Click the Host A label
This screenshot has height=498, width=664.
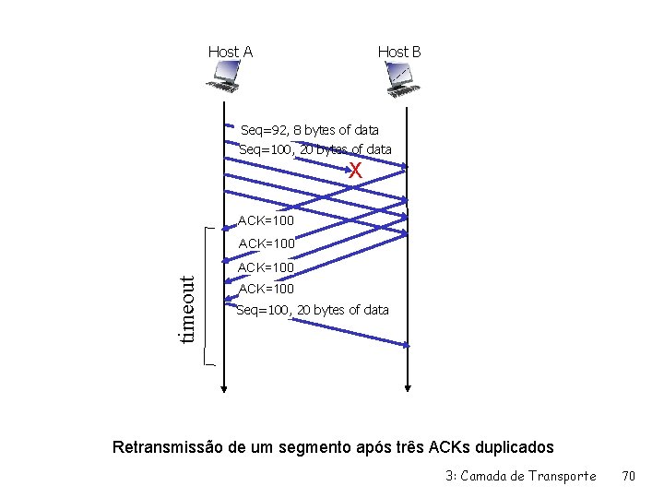point(231,52)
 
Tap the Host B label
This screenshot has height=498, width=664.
point(399,52)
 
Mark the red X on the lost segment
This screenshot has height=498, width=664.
point(355,171)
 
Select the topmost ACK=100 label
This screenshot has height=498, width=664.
point(266,220)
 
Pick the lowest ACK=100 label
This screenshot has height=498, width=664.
point(266,289)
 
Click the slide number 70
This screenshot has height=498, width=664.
point(629,476)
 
